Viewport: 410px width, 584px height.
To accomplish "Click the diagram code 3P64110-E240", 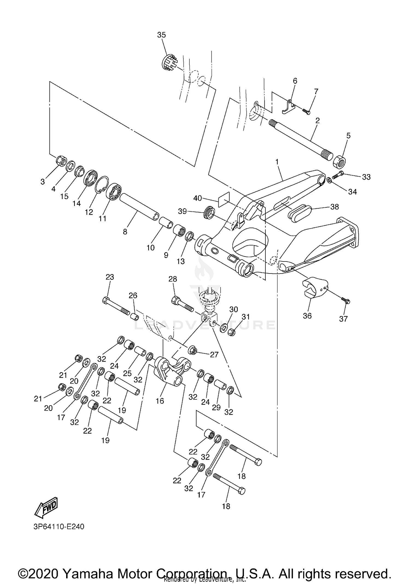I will [59, 527].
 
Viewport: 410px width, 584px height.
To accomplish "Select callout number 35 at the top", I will [161, 35].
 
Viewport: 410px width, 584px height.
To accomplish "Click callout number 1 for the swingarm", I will [277, 162].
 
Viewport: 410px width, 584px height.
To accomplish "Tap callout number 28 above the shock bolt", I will [173, 279].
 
